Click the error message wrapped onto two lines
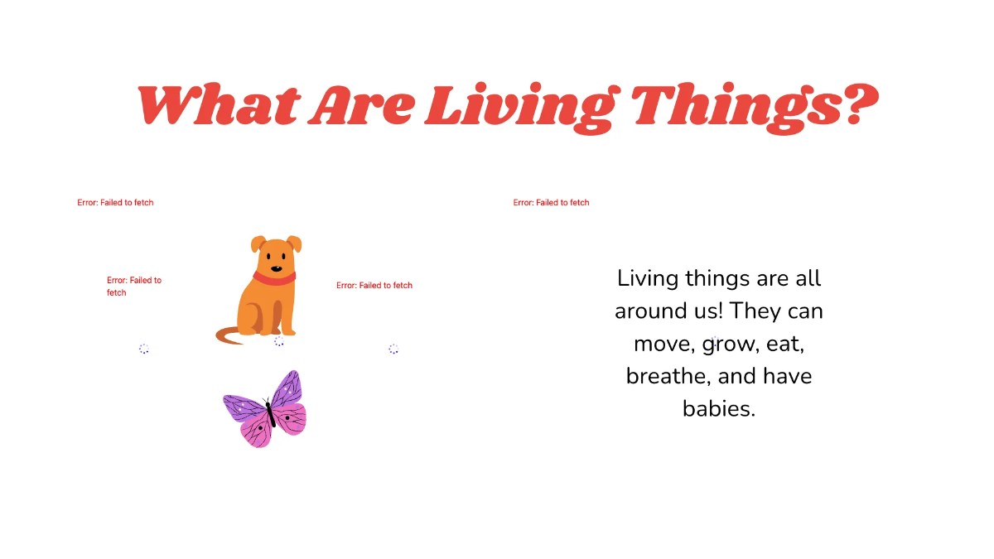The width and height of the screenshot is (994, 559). click(x=134, y=286)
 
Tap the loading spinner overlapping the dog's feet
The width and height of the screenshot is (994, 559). click(x=279, y=341)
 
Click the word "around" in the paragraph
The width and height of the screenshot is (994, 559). click(x=648, y=311)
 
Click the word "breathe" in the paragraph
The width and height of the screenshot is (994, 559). click(x=668, y=376)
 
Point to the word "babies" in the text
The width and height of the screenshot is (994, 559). click(x=718, y=408)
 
